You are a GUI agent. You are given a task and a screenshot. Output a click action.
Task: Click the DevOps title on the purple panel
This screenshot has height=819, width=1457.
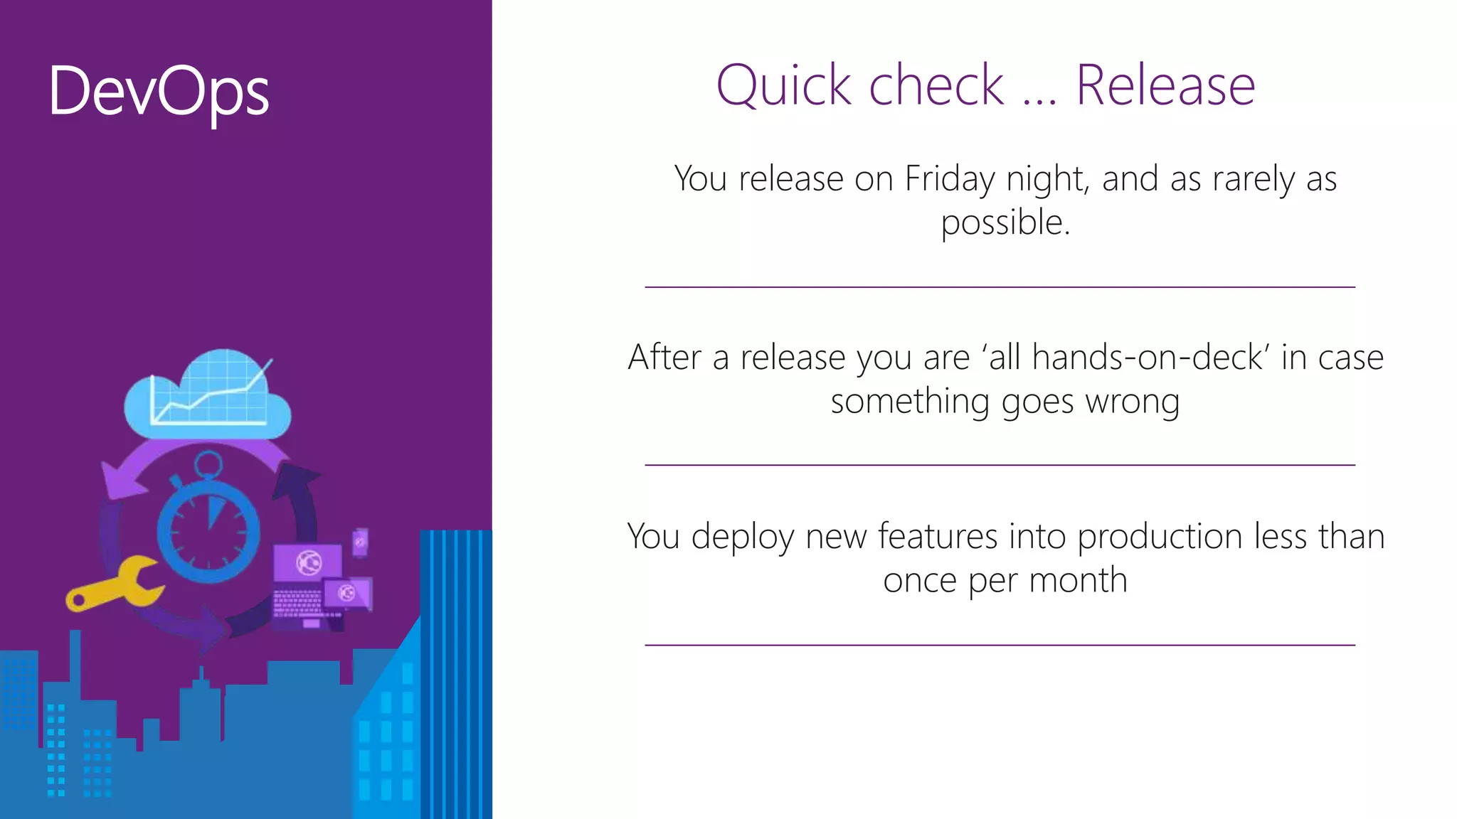click(159, 91)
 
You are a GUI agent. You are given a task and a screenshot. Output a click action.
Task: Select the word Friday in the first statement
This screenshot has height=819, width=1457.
click(950, 178)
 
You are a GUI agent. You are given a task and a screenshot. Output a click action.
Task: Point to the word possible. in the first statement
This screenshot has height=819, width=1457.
click(1005, 223)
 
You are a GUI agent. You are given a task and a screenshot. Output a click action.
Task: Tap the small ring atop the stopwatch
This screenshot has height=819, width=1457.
click(208, 465)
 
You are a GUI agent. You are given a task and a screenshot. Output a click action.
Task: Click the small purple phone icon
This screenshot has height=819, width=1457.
click(361, 542)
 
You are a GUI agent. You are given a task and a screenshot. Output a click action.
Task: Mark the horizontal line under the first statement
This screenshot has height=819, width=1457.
click(1000, 287)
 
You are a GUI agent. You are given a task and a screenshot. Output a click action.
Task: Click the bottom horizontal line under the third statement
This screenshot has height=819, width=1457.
click(1000, 645)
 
